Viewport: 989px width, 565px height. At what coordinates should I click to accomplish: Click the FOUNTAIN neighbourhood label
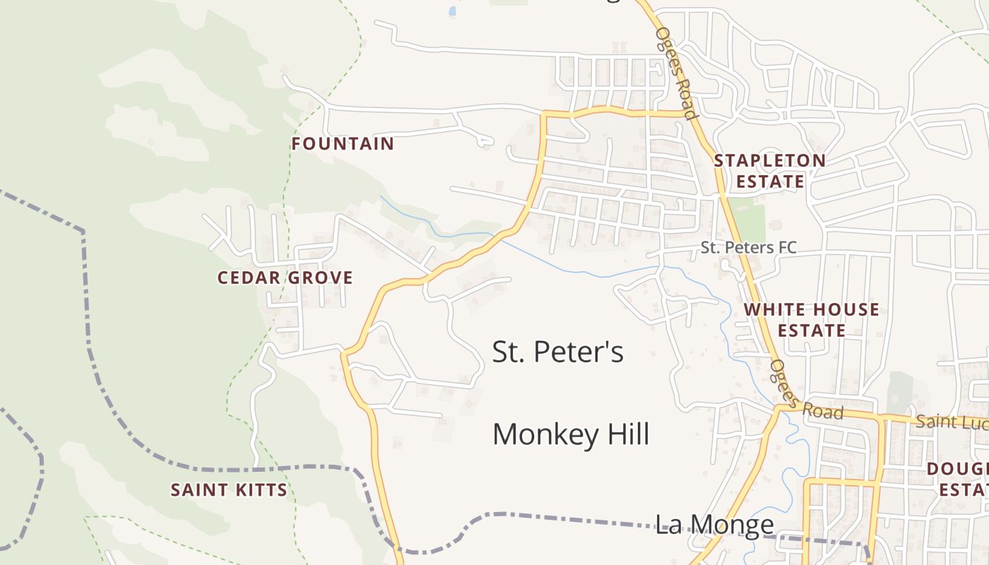[343, 144]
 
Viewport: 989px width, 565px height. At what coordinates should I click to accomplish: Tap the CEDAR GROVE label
[285, 278]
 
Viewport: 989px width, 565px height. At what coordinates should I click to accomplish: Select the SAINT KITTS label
[229, 489]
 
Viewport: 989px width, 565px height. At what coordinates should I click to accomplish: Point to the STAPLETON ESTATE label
[769, 171]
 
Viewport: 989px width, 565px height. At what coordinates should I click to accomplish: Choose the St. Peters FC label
[748, 247]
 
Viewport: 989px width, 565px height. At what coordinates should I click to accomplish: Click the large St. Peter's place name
[557, 351]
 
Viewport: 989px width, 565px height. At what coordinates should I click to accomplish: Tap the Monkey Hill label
[570, 434]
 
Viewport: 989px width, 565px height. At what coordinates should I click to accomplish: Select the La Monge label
[714, 524]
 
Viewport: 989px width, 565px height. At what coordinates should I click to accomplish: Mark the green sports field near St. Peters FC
[747, 219]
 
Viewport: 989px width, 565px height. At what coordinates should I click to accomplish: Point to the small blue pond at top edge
[452, 11]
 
